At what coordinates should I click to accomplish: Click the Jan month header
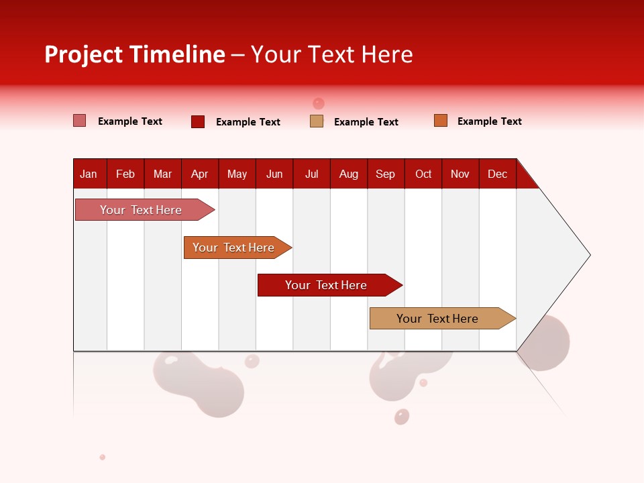pos(89,174)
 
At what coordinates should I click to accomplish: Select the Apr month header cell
pos(200,174)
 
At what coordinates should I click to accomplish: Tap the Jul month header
pos(311,174)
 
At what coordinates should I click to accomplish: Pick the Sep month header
pos(386,174)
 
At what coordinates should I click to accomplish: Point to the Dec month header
pos(497,174)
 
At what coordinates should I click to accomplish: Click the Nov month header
pos(460,174)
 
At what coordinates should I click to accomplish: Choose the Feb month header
pos(125,174)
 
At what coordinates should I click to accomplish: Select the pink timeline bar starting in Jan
pos(142,210)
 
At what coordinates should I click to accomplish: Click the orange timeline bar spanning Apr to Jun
pos(234,248)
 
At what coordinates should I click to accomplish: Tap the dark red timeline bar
pos(327,285)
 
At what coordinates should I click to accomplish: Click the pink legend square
pos(79,121)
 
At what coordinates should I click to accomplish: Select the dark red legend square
pos(198,121)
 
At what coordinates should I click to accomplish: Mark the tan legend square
pos(317,121)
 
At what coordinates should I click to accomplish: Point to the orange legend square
pos(441,121)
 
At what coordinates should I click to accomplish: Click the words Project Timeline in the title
pos(135,54)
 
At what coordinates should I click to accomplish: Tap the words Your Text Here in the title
pos(331,54)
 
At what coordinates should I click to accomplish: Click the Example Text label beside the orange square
pos(489,121)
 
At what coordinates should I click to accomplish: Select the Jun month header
pos(274,174)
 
